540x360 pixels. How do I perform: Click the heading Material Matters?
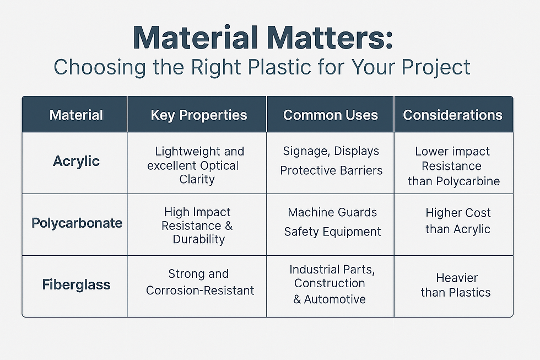(x=263, y=37)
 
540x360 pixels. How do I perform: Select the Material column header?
(x=76, y=115)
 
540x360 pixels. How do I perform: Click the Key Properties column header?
(x=199, y=115)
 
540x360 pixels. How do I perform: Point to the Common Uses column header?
(x=330, y=115)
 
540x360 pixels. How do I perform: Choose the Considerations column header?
(x=452, y=115)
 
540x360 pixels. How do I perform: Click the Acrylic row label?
(x=76, y=161)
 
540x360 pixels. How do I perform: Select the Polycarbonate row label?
(x=77, y=223)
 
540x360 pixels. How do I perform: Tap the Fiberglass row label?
(x=76, y=284)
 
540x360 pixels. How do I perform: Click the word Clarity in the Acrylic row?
(x=197, y=180)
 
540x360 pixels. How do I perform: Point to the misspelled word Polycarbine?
(x=468, y=181)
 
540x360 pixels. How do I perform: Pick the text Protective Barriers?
(x=331, y=170)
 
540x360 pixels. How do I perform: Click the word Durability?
(x=199, y=239)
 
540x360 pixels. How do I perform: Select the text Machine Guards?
(x=332, y=212)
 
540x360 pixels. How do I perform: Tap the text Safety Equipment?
(x=332, y=232)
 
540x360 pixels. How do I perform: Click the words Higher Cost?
(x=458, y=213)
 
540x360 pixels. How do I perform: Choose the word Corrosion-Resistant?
(x=200, y=291)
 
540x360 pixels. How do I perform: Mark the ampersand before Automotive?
(x=297, y=299)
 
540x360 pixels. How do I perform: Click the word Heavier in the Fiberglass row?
(x=457, y=278)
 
